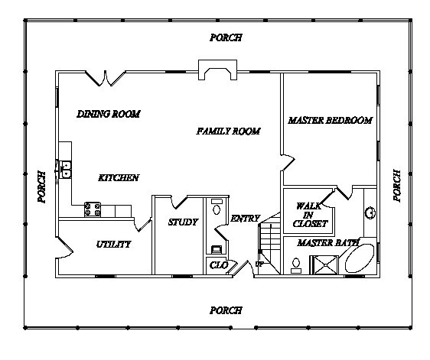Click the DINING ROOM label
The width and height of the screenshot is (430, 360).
coord(109,114)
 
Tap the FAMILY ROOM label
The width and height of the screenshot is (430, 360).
coord(228,131)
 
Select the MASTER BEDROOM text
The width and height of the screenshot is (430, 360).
coord(331,120)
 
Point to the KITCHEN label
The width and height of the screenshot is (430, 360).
coord(119,178)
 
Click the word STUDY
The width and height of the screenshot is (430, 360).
coord(183,222)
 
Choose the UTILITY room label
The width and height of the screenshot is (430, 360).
coord(113,244)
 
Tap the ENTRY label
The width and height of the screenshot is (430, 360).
coord(245,219)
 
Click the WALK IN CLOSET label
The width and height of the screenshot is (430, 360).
coord(310,215)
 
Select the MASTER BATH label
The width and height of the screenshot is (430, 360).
coord(328,243)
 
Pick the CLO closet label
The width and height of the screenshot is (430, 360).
coord(219,265)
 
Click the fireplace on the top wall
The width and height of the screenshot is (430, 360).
coord(218,70)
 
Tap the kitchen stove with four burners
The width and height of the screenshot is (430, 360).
coord(93,209)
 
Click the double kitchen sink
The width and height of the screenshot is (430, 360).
coord(66,170)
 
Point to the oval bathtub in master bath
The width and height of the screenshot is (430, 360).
coord(360,258)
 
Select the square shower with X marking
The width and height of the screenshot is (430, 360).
coord(324,264)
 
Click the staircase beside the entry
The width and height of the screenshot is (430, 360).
coord(269,244)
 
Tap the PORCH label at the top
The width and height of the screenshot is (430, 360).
coord(226,37)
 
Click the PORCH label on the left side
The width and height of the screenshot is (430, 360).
coord(41,186)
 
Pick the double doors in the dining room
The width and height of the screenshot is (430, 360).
coord(106,79)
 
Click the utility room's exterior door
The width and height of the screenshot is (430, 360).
coord(65,248)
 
